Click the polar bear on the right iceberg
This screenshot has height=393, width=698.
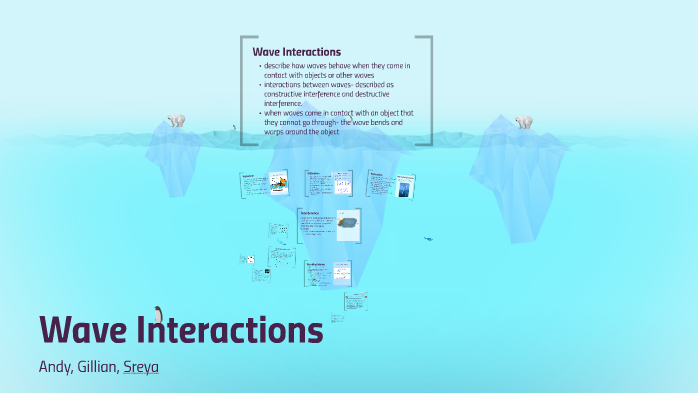coord(523,122)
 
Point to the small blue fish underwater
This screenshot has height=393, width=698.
coord(428,239)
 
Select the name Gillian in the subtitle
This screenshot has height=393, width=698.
coord(99,367)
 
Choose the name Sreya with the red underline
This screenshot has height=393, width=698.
coord(141,367)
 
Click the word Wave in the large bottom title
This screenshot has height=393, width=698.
coord(82,331)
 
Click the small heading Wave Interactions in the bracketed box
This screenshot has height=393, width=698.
coord(296,51)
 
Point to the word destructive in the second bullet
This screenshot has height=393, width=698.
coord(372,94)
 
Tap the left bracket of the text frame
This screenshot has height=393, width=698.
coord(243,90)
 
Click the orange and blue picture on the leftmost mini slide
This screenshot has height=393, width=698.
coord(279,183)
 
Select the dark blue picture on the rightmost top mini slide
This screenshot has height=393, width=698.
coord(404,188)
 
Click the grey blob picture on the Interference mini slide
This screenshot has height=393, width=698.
coord(347,224)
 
